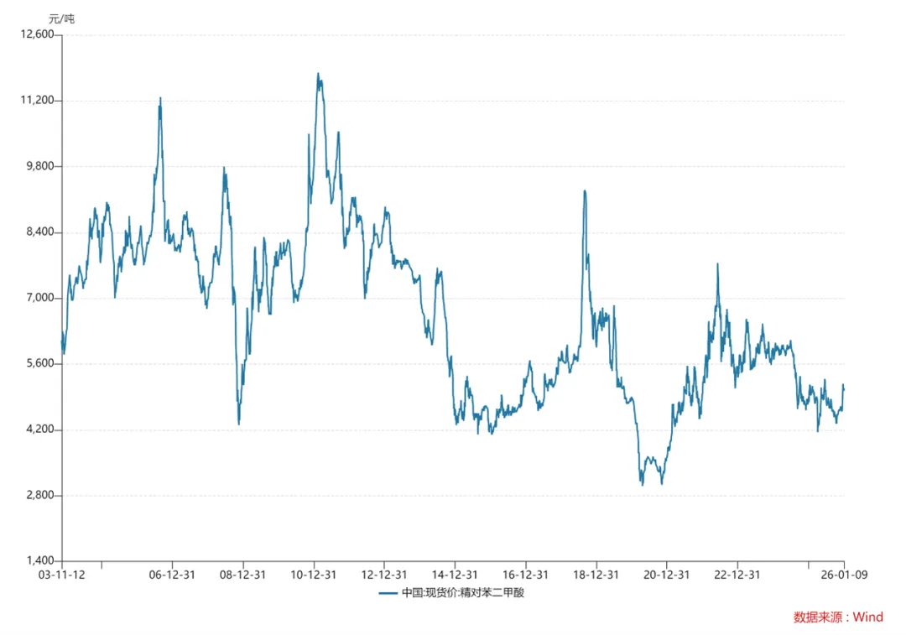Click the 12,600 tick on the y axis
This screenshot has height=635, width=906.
(36, 34)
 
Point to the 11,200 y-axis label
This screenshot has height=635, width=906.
(36, 101)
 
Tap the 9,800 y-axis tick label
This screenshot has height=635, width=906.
(39, 166)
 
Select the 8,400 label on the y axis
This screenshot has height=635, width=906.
(39, 232)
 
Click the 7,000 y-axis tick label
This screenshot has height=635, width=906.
(39, 298)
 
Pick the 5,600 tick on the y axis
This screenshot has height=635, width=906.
(39, 364)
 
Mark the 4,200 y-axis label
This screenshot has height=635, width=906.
(39, 429)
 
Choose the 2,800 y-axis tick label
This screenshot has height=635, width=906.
(39, 496)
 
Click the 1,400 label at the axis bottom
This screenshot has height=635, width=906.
(39, 561)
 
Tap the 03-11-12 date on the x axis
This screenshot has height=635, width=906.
(62, 575)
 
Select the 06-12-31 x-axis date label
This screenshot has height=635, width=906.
(172, 575)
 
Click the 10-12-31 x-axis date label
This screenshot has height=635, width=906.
(314, 575)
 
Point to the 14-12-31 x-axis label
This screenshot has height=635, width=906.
(455, 575)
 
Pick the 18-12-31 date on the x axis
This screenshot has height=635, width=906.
(596, 575)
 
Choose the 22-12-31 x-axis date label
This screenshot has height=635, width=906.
(737, 575)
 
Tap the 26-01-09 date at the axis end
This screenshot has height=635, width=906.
(844, 575)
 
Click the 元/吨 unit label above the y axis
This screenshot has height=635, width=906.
(60, 18)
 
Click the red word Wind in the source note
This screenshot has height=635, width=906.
(868, 617)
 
